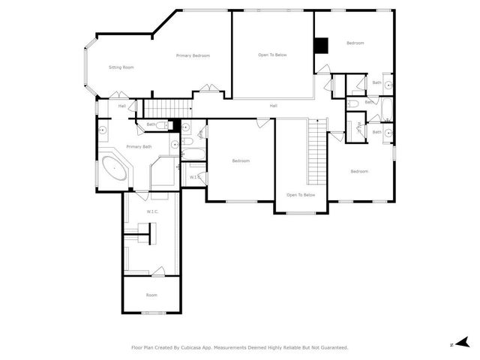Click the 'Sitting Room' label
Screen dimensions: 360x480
[121, 67]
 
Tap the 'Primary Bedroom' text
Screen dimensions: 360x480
[193, 55]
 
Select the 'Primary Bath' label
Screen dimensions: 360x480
[139, 146]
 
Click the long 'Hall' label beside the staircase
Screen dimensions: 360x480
[274, 106]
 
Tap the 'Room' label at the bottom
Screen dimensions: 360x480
[151, 295]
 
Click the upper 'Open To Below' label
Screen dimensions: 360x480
[272, 55]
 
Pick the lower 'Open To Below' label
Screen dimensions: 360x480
[301, 195]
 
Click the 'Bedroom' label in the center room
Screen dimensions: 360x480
[240, 160]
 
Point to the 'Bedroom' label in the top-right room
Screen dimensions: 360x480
[355, 43]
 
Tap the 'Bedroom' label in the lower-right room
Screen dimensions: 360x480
[359, 171]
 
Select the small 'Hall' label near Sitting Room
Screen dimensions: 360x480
[121, 106]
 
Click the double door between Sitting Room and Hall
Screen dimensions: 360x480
[116, 94]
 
